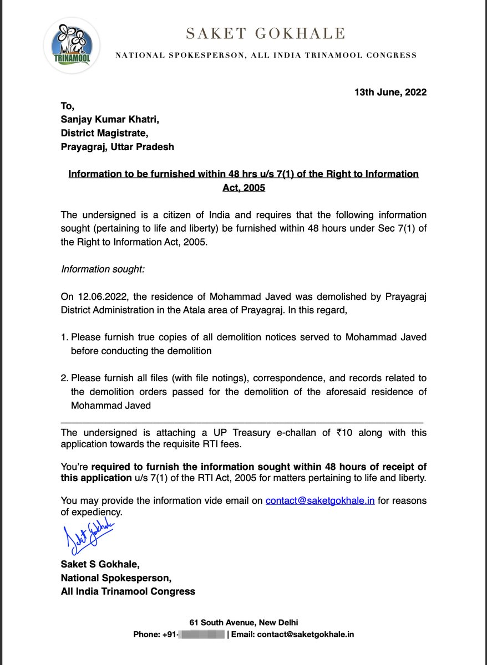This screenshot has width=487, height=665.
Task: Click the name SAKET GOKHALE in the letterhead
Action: [265, 34]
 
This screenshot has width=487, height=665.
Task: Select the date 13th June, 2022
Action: [390, 92]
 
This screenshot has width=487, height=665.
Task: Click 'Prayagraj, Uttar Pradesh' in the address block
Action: [118, 147]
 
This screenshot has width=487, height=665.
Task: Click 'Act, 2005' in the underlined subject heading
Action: [243, 188]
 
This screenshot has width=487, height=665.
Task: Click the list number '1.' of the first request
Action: [65, 337]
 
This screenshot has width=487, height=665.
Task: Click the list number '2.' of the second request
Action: [65, 378]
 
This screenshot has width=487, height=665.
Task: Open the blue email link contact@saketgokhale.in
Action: [320, 500]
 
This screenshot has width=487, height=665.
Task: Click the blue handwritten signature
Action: [89, 535]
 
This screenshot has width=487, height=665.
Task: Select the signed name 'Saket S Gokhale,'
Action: [100, 564]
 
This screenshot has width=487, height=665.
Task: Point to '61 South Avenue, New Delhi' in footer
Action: [243, 622]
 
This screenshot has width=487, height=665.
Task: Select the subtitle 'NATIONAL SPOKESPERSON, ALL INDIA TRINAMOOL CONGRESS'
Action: [265, 55]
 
